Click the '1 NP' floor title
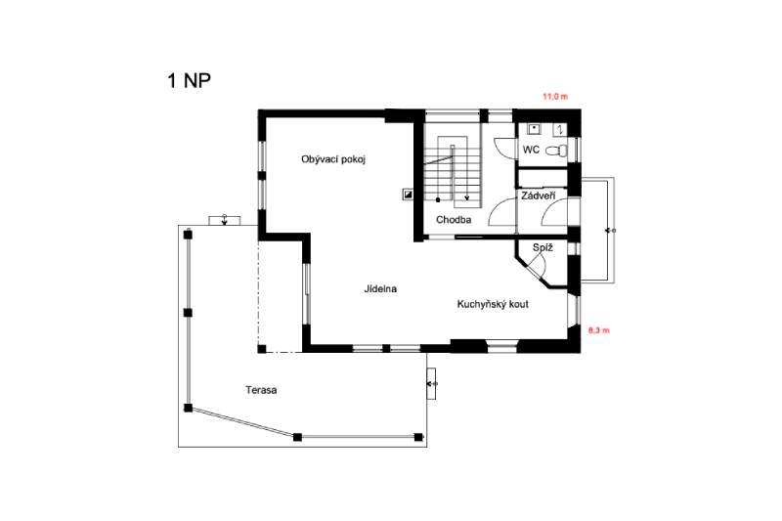[x=189, y=80]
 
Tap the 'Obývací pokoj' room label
[x=333, y=159]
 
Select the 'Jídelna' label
[x=380, y=288]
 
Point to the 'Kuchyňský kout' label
[x=493, y=304]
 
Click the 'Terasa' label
[x=261, y=390]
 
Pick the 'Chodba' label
[x=454, y=219]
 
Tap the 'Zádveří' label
[x=539, y=195]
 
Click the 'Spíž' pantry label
[x=543, y=247]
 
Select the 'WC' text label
[x=531, y=150]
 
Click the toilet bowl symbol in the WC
[x=556, y=151]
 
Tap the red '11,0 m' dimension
[x=555, y=97]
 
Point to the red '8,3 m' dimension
[x=599, y=330]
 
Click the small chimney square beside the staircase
[x=408, y=195]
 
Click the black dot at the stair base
[x=438, y=200]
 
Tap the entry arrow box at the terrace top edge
[x=225, y=220]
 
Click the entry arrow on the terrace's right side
[x=431, y=383]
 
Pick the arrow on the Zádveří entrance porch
[x=610, y=231]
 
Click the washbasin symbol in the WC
[x=534, y=129]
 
